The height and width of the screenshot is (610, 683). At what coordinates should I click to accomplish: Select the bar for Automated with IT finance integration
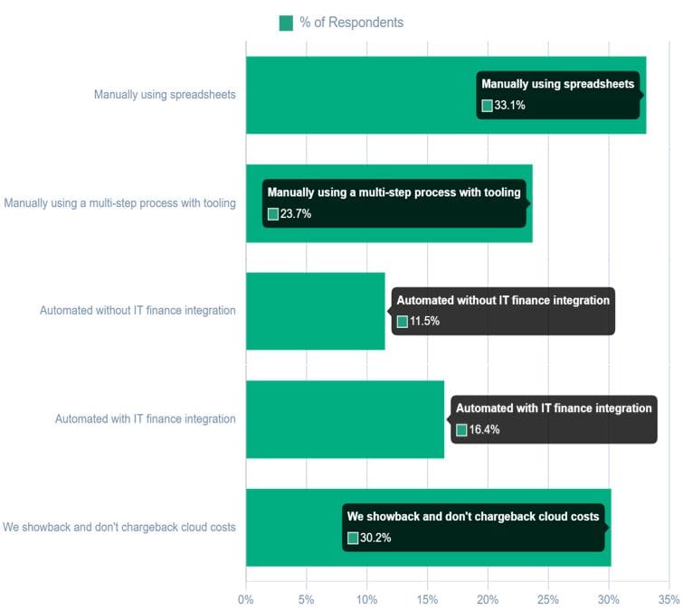point(345,419)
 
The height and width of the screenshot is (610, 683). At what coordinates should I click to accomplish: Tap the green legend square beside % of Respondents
point(286,23)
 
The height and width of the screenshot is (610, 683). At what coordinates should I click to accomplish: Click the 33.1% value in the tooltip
point(509,106)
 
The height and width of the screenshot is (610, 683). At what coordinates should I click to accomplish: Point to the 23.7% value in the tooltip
point(296,214)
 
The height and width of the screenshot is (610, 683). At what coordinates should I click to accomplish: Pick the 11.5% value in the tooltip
point(424,322)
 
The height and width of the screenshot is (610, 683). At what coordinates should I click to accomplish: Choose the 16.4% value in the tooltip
point(484,430)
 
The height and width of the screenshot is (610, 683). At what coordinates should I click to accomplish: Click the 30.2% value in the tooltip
point(375,539)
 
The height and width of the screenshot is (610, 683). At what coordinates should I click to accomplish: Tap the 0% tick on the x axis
point(245,598)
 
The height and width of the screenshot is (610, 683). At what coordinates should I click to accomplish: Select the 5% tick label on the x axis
point(306,598)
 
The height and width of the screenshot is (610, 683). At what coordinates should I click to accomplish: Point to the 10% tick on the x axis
point(366,598)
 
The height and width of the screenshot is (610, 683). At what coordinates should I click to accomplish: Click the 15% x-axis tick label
point(427,598)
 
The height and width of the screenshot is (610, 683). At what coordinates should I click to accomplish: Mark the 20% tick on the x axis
point(488,598)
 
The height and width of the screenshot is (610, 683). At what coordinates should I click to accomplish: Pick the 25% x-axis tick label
point(548,598)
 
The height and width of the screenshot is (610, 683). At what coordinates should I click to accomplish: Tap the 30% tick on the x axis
point(609,598)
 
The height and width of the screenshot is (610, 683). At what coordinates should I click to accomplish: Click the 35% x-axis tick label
point(669,598)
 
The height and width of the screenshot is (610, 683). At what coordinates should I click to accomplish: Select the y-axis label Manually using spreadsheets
point(165,94)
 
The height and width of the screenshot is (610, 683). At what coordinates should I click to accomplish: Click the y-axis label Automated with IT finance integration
point(145,419)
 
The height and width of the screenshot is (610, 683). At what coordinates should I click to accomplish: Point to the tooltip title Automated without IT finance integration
point(503,300)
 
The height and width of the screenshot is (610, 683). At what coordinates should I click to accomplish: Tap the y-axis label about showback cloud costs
point(119,528)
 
